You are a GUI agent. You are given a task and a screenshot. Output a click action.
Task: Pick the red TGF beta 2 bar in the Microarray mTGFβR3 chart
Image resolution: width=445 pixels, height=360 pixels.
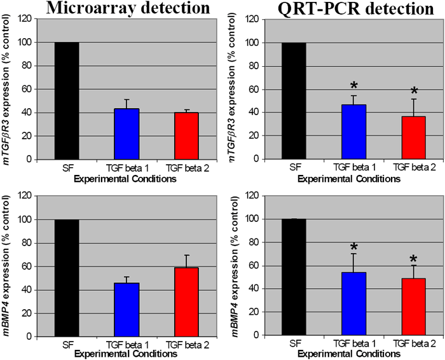pyautogui.click(x=186, y=135)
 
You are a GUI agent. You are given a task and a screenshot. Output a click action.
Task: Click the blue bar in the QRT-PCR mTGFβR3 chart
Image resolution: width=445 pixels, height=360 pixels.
pyautogui.click(x=344, y=132)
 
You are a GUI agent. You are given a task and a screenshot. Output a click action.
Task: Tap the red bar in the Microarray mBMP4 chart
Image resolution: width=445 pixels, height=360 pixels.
pyautogui.click(x=186, y=301)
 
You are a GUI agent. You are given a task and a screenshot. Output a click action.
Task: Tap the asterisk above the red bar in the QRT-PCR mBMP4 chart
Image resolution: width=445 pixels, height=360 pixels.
pyautogui.click(x=413, y=260)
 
